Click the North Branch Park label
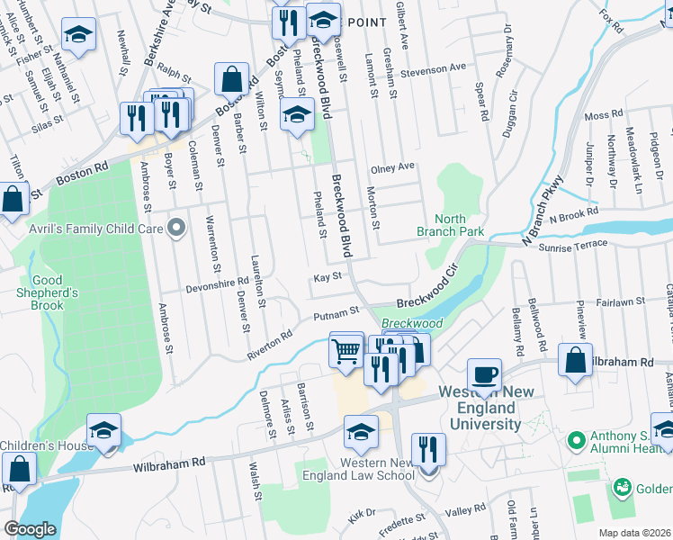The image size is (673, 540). pos(451,225)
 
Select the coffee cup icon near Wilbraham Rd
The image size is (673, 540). pos(484,374)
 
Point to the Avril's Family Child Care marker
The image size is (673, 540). pos(176,229)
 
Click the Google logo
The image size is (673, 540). pos(30,528)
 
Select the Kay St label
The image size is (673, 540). pos(328,278)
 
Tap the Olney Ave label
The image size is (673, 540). pos(392,167)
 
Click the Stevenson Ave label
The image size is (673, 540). pos(434,68)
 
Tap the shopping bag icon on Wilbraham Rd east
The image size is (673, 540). pos(575,360)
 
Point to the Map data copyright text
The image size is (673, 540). pos(634,533)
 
